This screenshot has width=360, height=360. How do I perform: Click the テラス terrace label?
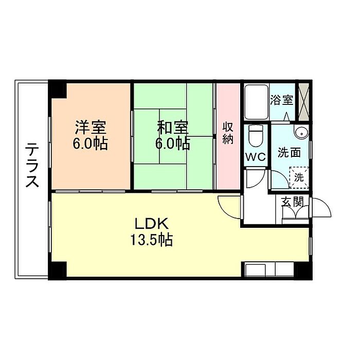pyautogui.click(x=32, y=166)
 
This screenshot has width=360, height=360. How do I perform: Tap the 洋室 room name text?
pyautogui.click(x=91, y=127)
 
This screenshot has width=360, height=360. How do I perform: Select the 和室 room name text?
pyautogui.click(x=172, y=127)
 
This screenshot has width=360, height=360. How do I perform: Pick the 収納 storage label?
pyautogui.click(x=228, y=133)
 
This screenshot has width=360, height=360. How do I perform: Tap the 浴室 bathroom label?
pyautogui.click(x=281, y=99)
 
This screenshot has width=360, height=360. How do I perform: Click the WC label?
pyautogui.click(x=256, y=157)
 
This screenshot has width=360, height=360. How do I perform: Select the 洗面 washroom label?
pyautogui.click(x=289, y=153)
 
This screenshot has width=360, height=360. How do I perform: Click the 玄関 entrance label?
pyautogui.click(x=291, y=202)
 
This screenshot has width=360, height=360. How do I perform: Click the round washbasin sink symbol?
pyautogui.click(x=301, y=133)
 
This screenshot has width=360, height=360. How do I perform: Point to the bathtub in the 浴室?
pyautogui.click(x=255, y=102)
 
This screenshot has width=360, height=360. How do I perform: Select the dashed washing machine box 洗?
pyautogui.click(x=298, y=176)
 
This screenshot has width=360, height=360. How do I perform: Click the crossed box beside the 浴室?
pyautogui.click(x=303, y=102)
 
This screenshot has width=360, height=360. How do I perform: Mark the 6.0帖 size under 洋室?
pyautogui.click(x=91, y=143)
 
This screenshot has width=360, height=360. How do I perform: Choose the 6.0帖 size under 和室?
pyautogui.click(x=172, y=143)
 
